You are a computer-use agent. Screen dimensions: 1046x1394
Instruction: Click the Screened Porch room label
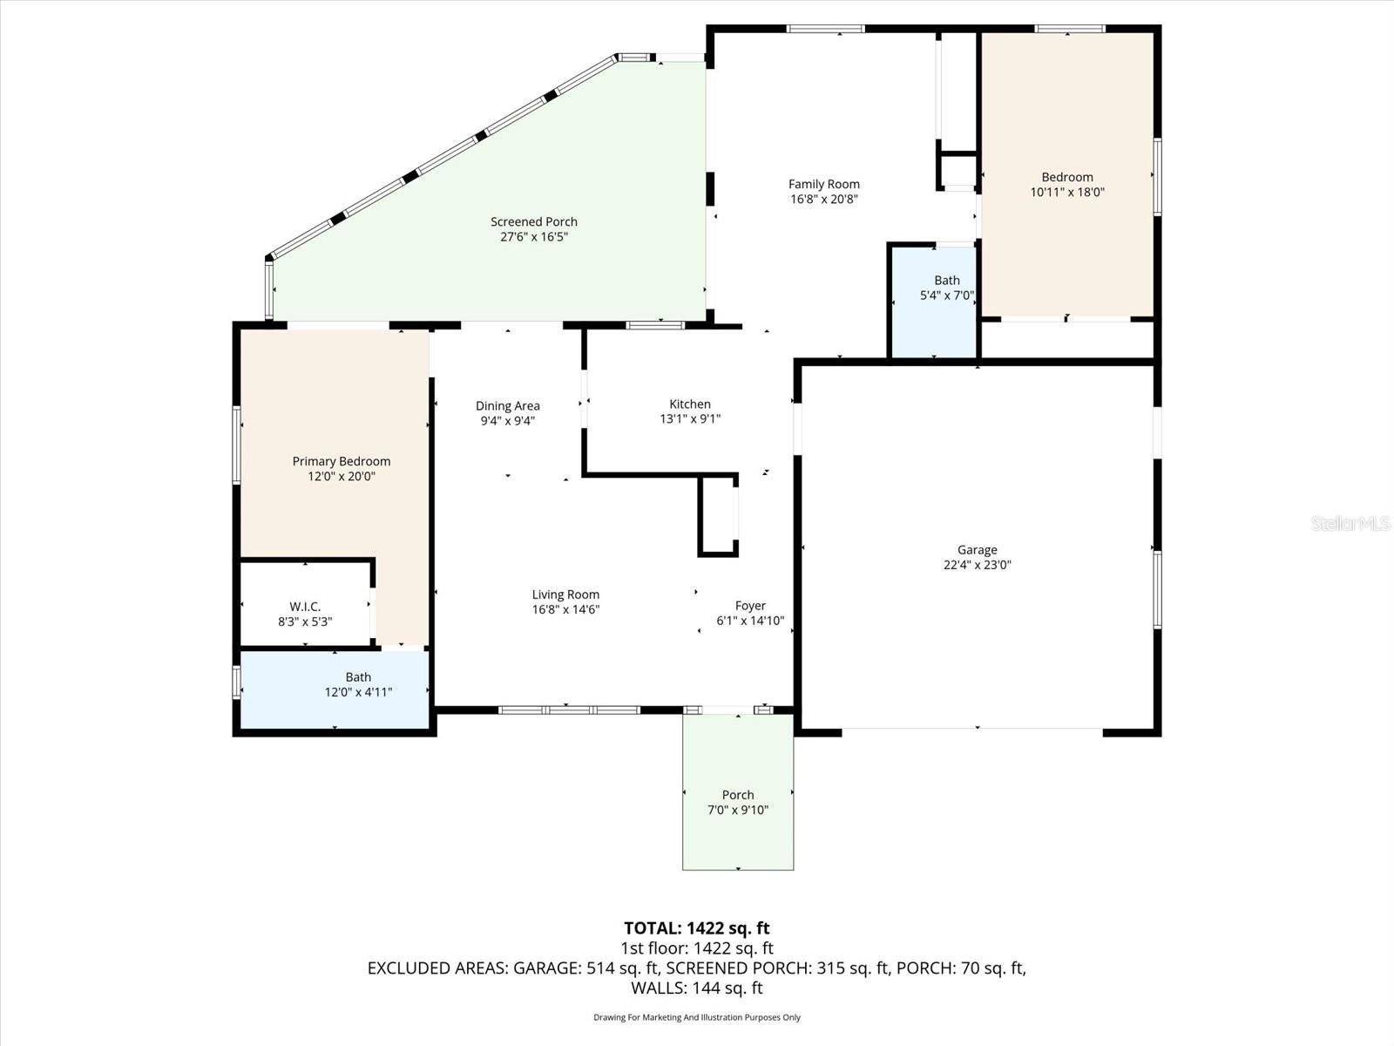pos(533,221)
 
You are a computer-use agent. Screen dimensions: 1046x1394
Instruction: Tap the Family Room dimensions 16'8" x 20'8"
pos(823,199)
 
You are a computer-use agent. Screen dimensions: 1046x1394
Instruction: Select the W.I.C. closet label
pos(305,606)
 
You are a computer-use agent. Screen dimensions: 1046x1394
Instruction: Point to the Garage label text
pos(977,549)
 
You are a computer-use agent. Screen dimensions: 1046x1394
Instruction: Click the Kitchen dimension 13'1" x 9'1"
pos(689,418)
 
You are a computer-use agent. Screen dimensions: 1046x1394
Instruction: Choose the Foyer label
pos(750,605)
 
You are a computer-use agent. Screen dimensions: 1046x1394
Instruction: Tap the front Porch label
pos(737,794)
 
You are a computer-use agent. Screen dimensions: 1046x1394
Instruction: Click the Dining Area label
pos(507,405)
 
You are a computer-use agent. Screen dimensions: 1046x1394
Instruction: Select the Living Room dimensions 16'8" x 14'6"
pos(565,609)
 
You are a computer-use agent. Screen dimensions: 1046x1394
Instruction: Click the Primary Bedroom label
pos(341,461)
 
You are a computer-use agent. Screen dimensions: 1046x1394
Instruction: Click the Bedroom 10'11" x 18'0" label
pos(1066,177)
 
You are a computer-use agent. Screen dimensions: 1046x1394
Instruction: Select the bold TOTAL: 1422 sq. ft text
pos(696,927)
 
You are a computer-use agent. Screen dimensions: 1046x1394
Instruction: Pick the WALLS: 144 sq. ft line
pos(696,988)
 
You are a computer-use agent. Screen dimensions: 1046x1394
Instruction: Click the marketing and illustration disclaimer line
pos(696,1017)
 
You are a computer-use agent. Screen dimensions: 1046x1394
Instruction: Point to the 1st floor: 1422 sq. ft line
pos(696,948)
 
